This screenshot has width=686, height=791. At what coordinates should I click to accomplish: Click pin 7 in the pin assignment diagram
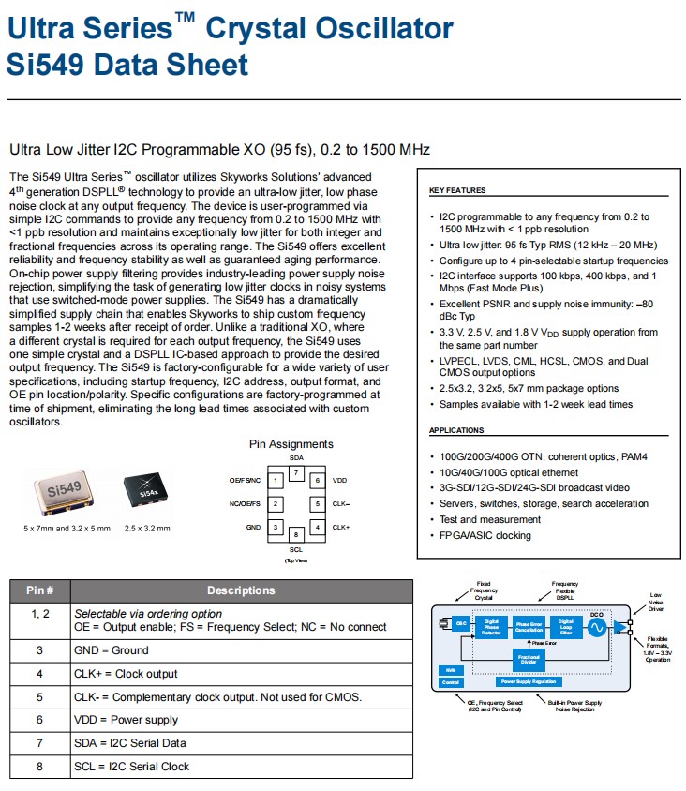click(x=296, y=472)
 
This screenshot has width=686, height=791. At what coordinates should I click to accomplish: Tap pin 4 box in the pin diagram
click(x=318, y=527)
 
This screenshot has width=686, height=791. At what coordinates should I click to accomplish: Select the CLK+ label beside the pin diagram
click(x=340, y=527)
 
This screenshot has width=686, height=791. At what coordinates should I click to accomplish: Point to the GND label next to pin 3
click(x=253, y=528)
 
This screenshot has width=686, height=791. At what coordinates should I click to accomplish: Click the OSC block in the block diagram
click(x=461, y=623)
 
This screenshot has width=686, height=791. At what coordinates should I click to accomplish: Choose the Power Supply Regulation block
click(x=530, y=681)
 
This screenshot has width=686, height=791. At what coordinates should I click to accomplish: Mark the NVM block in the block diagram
click(x=450, y=669)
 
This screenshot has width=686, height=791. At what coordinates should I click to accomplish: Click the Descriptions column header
click(x=241, y=590)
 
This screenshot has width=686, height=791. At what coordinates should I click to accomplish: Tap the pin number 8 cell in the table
click(x=39, y=766)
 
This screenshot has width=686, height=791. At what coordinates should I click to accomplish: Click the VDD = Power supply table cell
click(x=126, y=720)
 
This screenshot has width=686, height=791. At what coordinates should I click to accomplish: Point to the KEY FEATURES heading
click(x=457, y=190)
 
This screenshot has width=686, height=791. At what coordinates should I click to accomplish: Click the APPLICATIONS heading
click(x=456, y=430)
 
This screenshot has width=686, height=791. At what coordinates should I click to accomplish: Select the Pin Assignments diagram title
click(x=291, y=444)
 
